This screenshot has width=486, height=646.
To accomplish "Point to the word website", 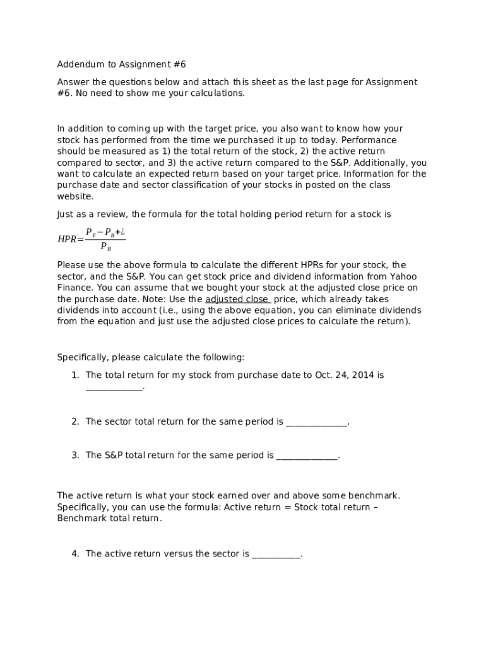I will point(75,197).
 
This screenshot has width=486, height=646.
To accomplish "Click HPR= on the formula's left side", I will point(70,240).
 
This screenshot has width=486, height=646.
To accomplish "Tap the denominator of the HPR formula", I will point(105,247).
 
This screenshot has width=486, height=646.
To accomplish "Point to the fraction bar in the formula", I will point(105,240).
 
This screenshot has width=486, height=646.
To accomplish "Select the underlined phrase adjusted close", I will point(237,300).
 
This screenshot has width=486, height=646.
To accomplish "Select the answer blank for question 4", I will point(276,555).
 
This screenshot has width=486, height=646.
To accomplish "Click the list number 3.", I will point(74,455).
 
